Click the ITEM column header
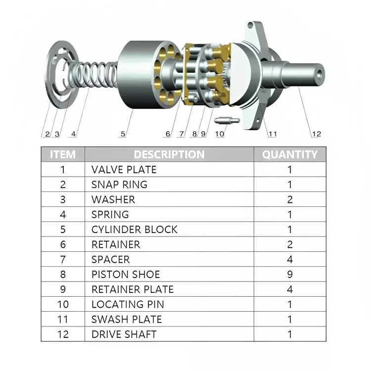point(63,154)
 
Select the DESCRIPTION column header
point(169,154)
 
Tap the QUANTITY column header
point(290,154)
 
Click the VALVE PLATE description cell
point(124,170)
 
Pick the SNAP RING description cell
point(119,185)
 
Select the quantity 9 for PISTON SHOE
point(290,274)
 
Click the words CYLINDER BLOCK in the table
point(134,230)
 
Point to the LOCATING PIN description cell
point(128,304)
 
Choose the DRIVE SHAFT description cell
point(124,334)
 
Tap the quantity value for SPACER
point(290,259)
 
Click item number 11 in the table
point(63,319)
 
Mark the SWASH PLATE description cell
point(127,319)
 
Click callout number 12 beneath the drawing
point(316,134)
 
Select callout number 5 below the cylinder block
point(123,134)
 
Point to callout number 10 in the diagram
point(219,134)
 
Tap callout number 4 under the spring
point(73,134)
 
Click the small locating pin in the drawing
point(228,119)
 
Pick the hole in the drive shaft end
point(320,74)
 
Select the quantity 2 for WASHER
point(290,199)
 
